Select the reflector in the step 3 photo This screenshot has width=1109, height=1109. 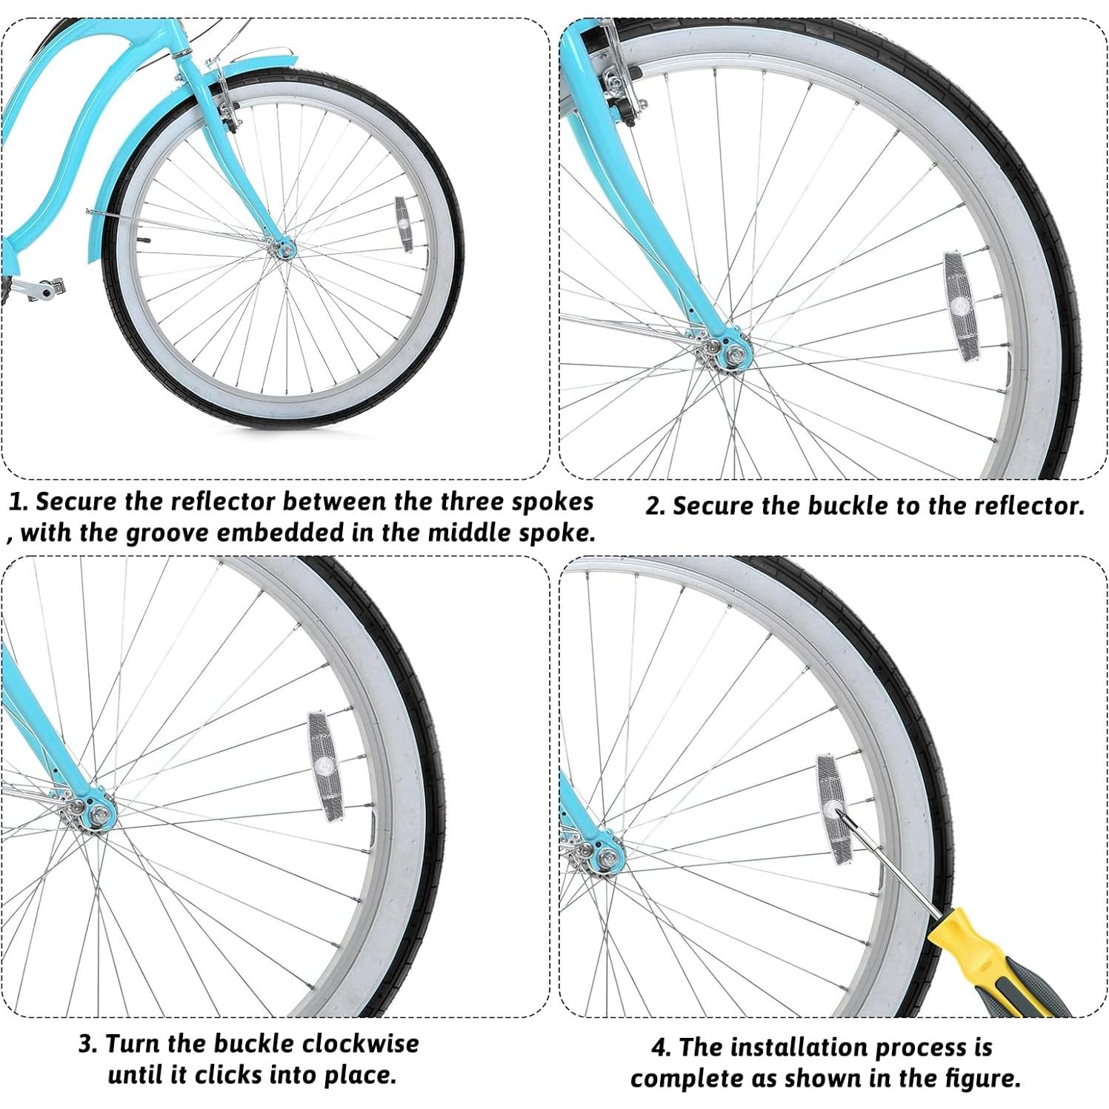click(x=324, y=765)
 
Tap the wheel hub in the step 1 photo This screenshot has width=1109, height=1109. click(x=284, y=248)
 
